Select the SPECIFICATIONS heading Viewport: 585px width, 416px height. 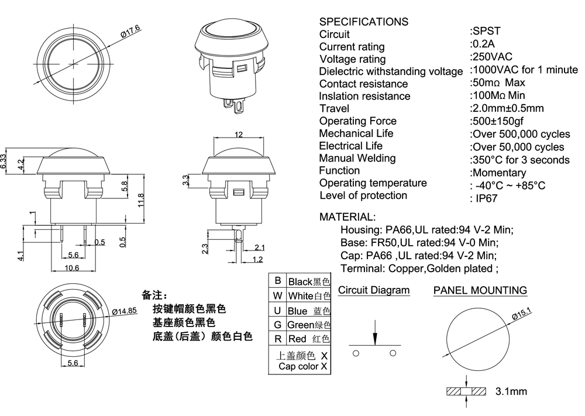point(363,22)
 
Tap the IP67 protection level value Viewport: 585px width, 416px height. point(485,198)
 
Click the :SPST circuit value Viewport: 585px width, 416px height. point(485,31)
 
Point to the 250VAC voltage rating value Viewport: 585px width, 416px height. point(491,56)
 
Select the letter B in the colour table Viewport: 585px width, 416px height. point(278,281)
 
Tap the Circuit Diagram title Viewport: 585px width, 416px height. point(374,290)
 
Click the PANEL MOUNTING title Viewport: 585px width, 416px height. point(480,290)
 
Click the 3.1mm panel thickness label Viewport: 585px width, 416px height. point(511,391)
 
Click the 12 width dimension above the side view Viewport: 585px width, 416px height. point(238,135)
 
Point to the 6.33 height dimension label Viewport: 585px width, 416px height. point(4,160)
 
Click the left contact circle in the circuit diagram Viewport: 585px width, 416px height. point(356,353)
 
